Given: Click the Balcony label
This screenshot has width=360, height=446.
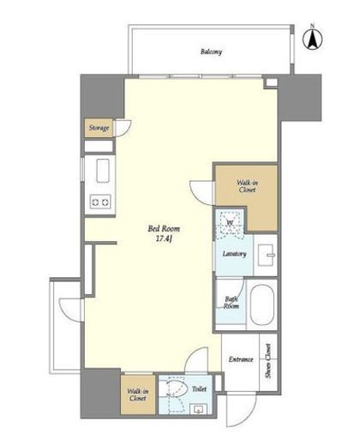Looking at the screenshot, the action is pos(211,51).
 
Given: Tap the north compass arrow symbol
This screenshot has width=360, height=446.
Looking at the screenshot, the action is pos(313,39).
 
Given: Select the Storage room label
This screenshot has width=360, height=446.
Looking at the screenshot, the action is pos(99,128).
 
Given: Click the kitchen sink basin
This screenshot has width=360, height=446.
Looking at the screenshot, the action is pos(103,171).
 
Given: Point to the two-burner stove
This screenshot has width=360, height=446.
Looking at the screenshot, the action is pos(100,202).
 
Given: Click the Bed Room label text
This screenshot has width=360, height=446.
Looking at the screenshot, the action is pos(164,229).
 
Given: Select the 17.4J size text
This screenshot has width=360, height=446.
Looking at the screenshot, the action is pos(164,238).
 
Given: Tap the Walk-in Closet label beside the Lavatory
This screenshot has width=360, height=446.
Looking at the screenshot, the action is pos(247,186).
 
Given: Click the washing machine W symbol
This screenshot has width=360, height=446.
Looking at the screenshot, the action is pos(230,223).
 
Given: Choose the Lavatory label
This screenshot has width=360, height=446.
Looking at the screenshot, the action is pos(234,254).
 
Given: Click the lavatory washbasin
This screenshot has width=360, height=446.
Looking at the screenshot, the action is pos(267,255).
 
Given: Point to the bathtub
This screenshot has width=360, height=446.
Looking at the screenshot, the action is pos(262,304).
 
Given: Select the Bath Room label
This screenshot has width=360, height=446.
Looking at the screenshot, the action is pos(231,303).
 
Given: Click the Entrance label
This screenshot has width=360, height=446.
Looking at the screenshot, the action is pos(241,359).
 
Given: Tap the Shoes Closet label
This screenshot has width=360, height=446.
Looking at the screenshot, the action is pos(268,361).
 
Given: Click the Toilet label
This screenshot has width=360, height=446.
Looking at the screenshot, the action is pos(199,389).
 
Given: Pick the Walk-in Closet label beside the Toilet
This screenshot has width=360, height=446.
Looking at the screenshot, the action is pos(138,395).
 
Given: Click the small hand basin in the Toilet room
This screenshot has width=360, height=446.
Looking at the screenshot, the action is pos(198,409).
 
